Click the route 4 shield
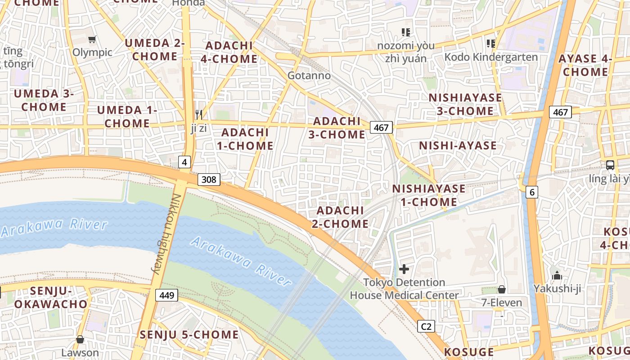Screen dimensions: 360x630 (184, 162)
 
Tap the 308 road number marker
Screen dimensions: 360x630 (209, 180)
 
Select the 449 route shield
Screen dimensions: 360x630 (167, 296)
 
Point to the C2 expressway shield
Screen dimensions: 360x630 (426, 326)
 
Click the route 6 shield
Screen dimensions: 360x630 (532, 192)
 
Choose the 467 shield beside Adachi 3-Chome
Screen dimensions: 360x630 (381, 127)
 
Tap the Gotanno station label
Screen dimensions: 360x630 (309, 76)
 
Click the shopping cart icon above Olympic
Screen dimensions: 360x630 (92, 40)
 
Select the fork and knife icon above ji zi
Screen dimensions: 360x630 (198, 115)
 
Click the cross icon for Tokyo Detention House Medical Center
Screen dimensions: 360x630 (404, 269)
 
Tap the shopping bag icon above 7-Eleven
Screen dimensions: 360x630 (501, 289)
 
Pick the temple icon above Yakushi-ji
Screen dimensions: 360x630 (557, 275)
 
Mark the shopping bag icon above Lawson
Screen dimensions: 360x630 (80, 339)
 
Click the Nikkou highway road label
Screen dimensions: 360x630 (167, 234)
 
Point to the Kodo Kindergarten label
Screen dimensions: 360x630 (491, 57)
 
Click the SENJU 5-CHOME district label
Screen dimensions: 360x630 (189, 335)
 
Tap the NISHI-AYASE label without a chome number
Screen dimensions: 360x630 (458, 145)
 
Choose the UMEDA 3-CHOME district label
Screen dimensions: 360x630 (44, 100)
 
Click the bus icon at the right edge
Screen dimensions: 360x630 (610, 165)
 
